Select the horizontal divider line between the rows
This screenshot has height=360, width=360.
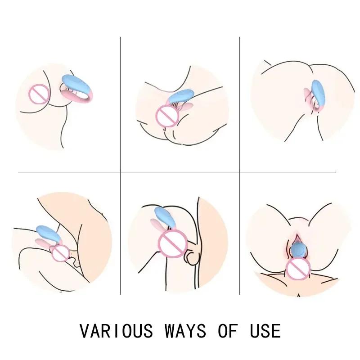tap(180, 171)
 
